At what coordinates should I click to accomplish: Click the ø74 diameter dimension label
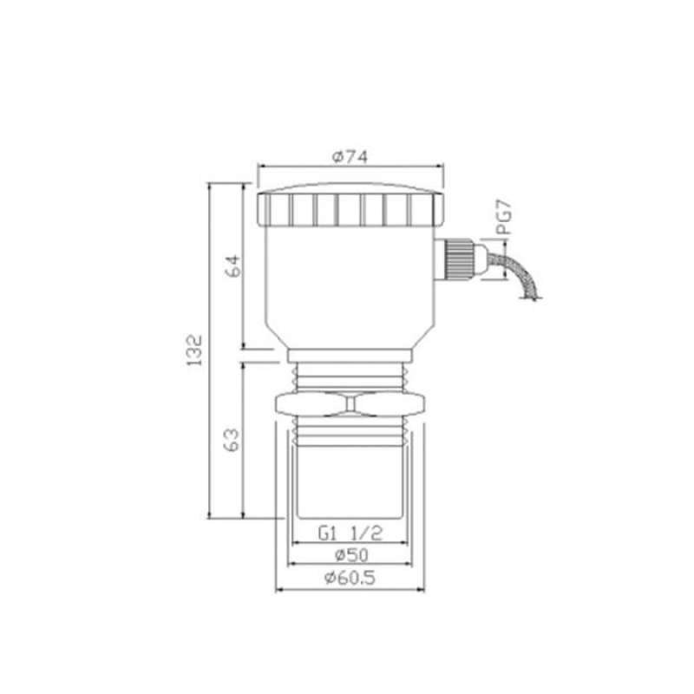[350, 157]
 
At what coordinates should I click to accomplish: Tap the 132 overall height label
[194, 350]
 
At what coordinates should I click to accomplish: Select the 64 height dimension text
[233, 266]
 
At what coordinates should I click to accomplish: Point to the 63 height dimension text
[232, 440]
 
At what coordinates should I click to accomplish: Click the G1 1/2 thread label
[350, 534]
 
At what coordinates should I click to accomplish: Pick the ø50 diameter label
[351, 555]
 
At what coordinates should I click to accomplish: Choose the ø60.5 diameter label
[350, 578]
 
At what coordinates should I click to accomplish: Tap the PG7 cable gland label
[504, 217]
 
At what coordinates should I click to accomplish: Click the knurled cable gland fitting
[461, 259]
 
